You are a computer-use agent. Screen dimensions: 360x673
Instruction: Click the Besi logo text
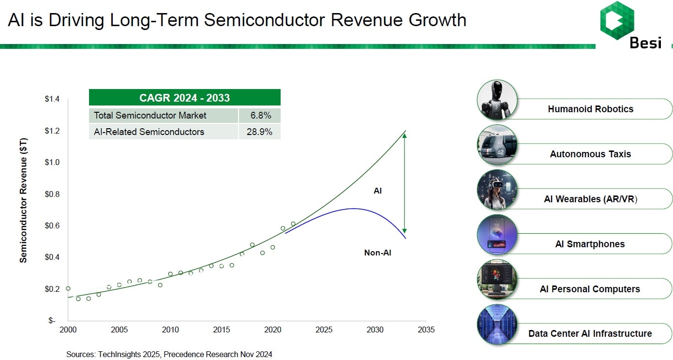point(645,43)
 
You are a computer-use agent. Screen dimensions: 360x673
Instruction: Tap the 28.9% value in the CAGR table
point(259,132)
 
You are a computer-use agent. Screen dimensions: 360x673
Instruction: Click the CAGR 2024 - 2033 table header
point(184,98)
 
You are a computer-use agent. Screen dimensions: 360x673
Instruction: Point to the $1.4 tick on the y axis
point(52,99)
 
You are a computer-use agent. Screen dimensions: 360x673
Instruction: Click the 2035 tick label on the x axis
point(426,330)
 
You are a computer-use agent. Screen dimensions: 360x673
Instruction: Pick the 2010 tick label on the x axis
point(170,330)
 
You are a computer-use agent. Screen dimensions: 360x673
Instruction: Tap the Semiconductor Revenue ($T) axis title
point(24,200)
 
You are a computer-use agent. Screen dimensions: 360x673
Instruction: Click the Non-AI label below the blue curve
point(377,252)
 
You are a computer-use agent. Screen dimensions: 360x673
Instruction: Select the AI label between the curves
point(378,191)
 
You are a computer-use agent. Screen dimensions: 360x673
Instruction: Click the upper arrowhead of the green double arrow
point(404,135)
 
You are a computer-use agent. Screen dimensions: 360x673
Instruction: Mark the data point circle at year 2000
point(68,288)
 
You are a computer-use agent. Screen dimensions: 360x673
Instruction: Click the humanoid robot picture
point(497,100)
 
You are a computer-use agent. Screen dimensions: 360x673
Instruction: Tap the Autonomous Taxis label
point(590,154)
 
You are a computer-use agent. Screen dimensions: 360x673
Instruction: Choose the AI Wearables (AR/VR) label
point(590,199)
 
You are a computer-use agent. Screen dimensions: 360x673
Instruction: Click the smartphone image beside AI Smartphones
point(497,235)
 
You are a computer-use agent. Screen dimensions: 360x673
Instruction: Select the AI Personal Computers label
point(589,289)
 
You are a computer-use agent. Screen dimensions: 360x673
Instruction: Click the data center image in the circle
point(497,324)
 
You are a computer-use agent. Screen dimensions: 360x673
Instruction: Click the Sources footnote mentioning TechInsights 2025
point(169,354)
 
